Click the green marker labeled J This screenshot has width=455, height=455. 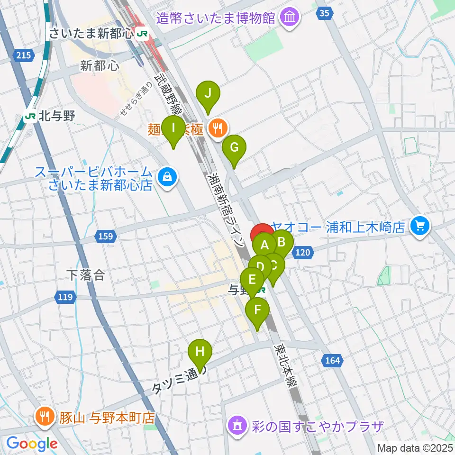208,93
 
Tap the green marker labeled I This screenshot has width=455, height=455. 174,128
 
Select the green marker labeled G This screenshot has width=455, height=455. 234,147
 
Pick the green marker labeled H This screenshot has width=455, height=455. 200,352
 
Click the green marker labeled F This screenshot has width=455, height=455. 257,310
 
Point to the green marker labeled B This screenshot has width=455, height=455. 282,242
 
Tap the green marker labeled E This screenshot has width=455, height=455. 252,279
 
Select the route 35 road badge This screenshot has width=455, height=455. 324,14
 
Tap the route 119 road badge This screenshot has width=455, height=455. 65,298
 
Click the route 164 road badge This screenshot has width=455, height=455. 333,361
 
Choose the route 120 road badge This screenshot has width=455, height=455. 303,253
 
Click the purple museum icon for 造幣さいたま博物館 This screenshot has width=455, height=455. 289,18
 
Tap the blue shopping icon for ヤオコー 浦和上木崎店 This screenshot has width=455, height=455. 419,225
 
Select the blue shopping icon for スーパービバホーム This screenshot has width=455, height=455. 167,177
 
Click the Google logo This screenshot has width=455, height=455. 32,444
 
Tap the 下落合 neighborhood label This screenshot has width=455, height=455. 85,275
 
